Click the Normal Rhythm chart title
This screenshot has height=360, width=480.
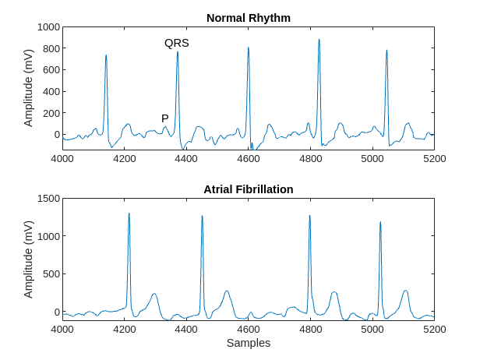[248, 17]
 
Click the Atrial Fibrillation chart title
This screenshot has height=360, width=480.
[248, 189]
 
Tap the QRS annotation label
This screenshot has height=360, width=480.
[176, 44]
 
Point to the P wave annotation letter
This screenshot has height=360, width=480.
[165, 118]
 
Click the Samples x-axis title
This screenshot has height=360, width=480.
[248, 343]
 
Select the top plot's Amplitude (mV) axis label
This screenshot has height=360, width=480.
[29, 87]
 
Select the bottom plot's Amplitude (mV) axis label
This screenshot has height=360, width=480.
[29, 259]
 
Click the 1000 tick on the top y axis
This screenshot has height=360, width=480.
[48, 26]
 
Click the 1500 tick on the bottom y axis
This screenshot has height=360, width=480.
[48, 199]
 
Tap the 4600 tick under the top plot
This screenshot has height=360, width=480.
[248, 159]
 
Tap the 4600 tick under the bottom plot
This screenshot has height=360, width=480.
[248, 330]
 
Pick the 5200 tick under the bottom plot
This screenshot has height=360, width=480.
[434, 330]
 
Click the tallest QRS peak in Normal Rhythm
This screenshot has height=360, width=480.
[319, 40]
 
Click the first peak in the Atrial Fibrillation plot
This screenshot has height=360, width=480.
[129, 214]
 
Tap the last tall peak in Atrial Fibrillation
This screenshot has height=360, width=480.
[380, 223]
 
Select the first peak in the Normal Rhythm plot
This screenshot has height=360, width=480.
[106, 56]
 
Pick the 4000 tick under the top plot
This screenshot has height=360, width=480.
[62, 159]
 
